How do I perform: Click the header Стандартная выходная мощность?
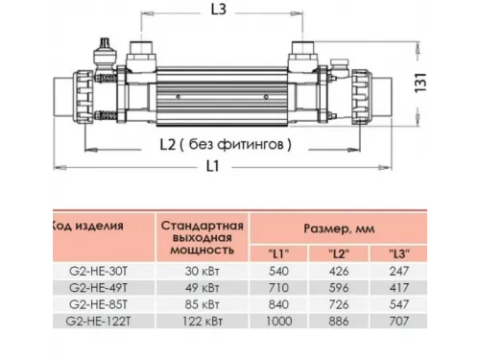202,235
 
